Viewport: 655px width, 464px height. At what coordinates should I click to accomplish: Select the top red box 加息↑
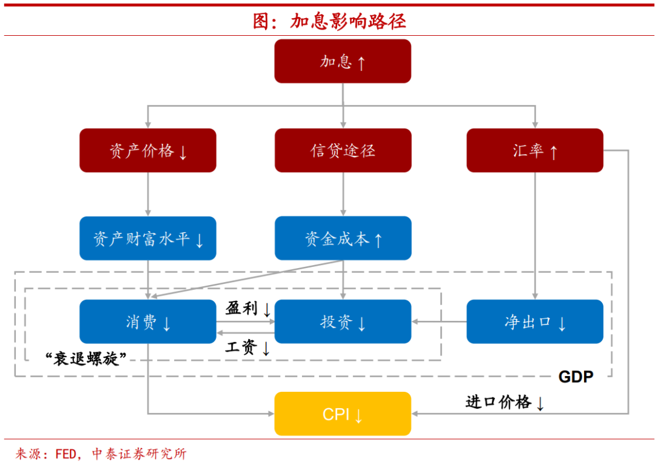click(x=343, y=61)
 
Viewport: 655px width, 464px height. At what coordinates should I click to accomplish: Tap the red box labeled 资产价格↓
click(x=148, y=150)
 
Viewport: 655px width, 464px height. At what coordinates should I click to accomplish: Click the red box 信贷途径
click(x=343, y=150)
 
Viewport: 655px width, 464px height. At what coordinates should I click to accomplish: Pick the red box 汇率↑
click(x=534, y=150)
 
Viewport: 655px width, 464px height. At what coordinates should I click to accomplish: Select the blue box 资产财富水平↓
click(x=148, y=238)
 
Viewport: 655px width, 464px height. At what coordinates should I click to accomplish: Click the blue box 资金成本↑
click(x=343, y=238)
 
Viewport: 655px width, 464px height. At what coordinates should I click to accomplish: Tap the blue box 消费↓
click(x=148, y=321)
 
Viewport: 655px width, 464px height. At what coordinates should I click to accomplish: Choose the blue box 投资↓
click(x=343, y=321)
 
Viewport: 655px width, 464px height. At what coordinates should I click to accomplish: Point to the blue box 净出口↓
click(x=534, y=321)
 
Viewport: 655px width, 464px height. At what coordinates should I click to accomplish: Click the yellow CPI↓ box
click(x=343, y=414)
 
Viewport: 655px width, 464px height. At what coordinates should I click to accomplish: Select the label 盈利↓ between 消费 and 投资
click(x=249, y=309)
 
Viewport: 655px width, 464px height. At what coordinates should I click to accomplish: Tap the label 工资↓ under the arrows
click(x=247, y=348)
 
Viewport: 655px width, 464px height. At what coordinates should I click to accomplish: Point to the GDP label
click(x=575, y=377)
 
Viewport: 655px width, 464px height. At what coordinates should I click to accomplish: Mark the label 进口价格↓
click(x=505, y=402)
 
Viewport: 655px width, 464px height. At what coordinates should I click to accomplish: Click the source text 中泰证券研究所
click(x=139, y=454)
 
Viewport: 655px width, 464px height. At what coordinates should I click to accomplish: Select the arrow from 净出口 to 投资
click(x=439, y=321)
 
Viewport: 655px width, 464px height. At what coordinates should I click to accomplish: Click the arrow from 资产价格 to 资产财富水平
click(x=148, y=194)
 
